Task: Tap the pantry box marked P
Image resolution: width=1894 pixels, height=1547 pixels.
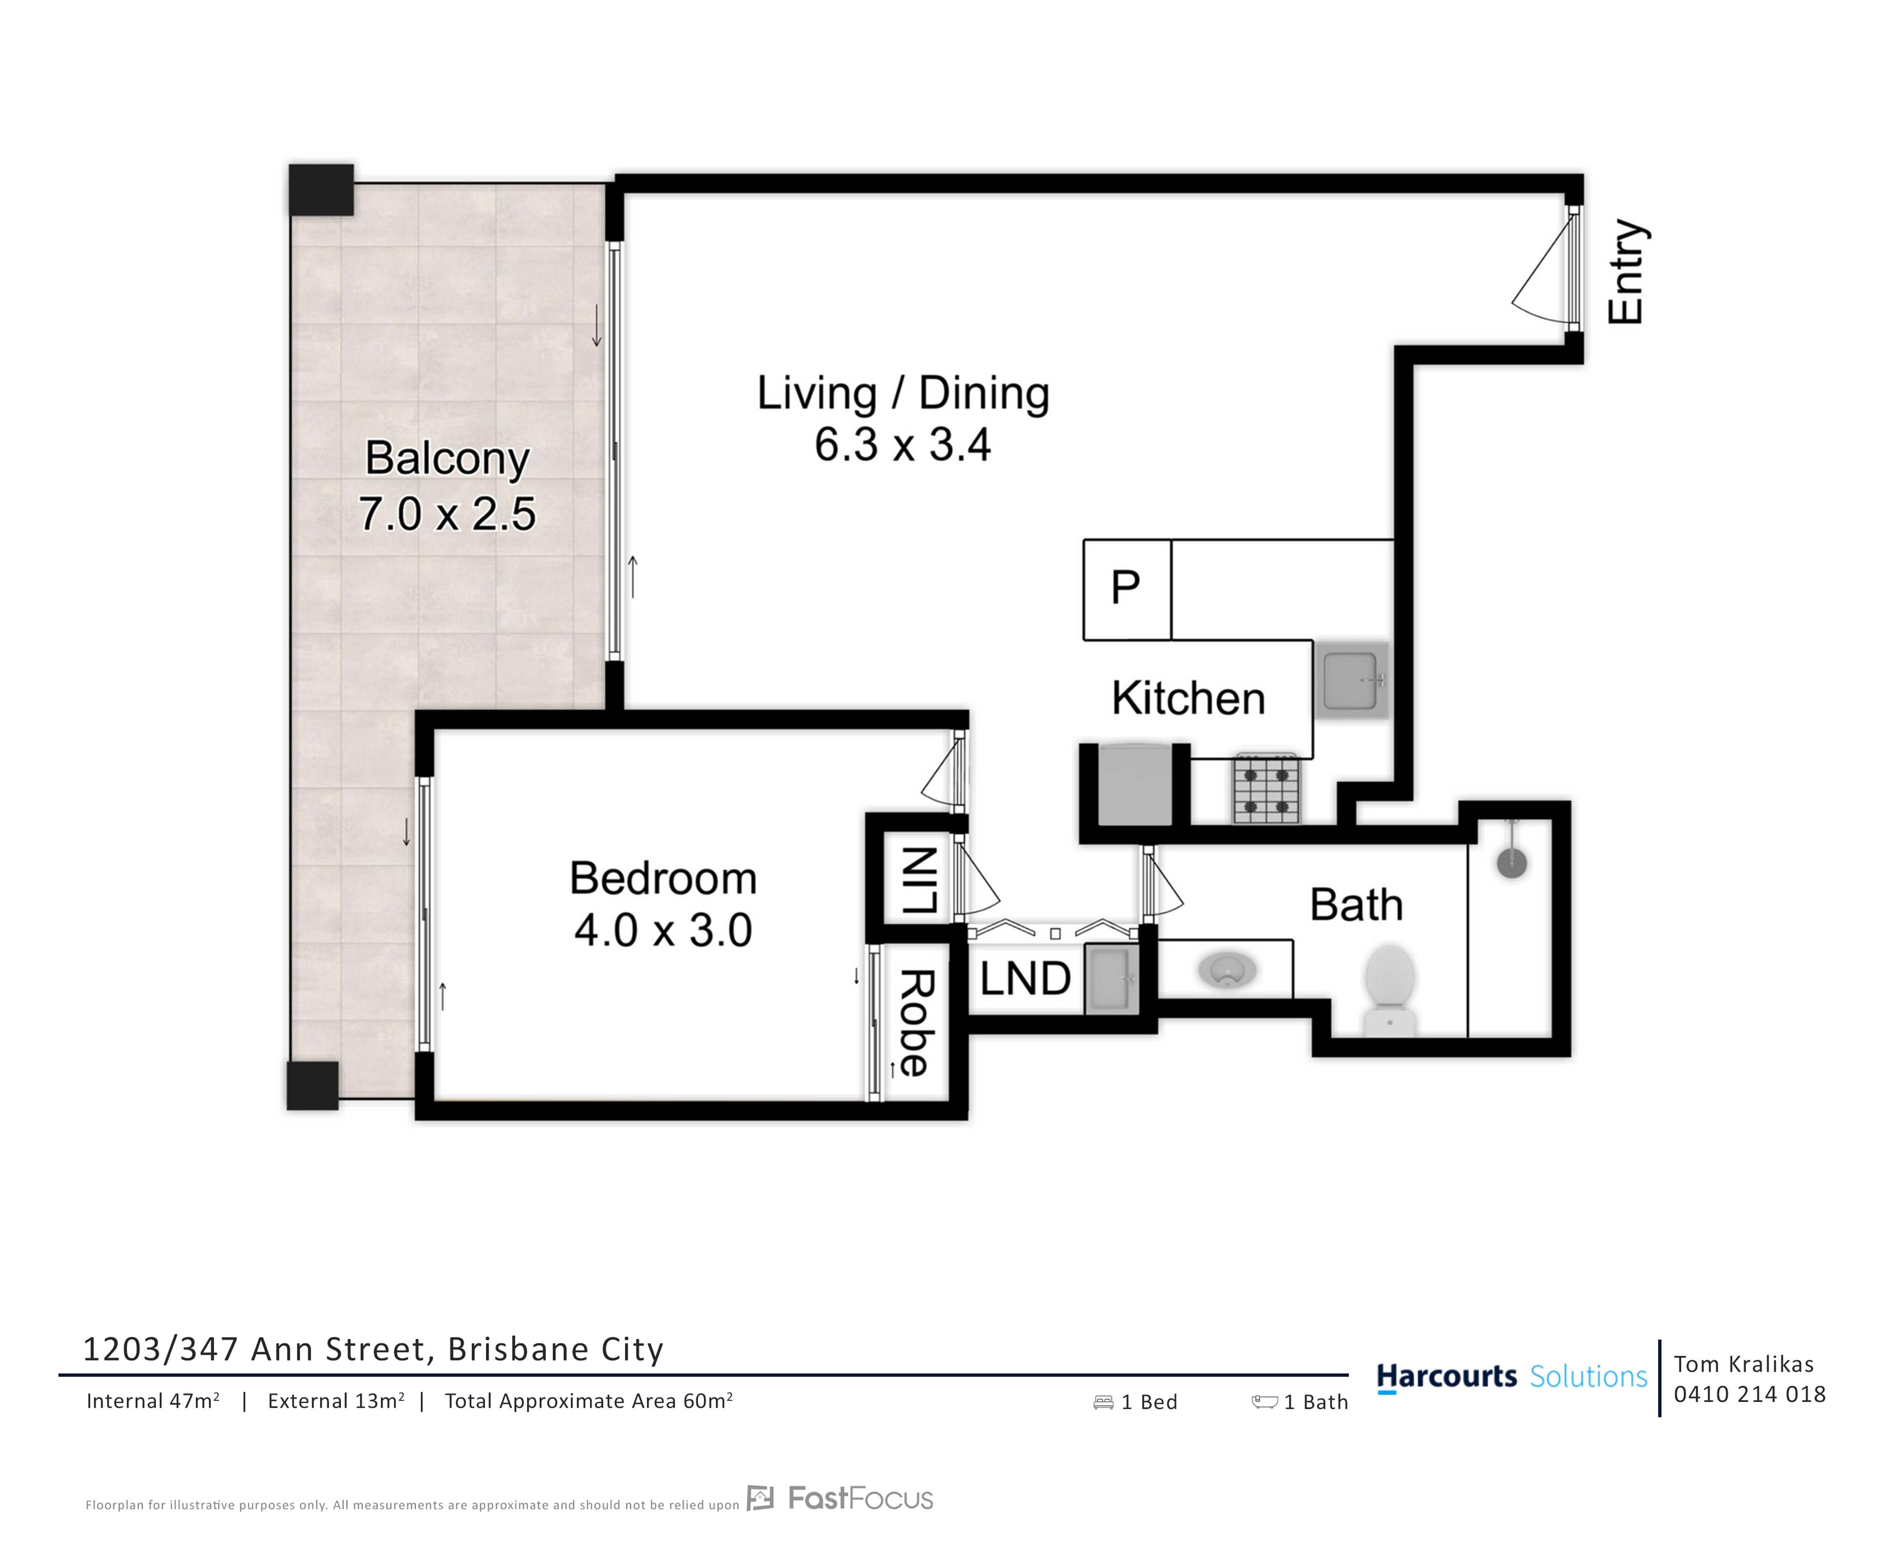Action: pos(1126,589)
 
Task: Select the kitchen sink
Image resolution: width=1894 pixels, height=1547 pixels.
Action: pos(1351,680)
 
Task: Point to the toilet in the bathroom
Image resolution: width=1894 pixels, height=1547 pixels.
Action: pos(1389,990)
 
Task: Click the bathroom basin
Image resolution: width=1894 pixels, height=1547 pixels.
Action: pos(1227,969)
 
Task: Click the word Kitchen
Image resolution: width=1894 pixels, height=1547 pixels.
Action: pos(1188,698)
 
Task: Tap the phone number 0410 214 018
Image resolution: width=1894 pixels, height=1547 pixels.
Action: pos(1749,1395)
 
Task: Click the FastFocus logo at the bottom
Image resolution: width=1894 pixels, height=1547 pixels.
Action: pos(840,1499)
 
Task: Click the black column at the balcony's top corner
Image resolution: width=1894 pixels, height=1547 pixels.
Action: pos(321,190)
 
